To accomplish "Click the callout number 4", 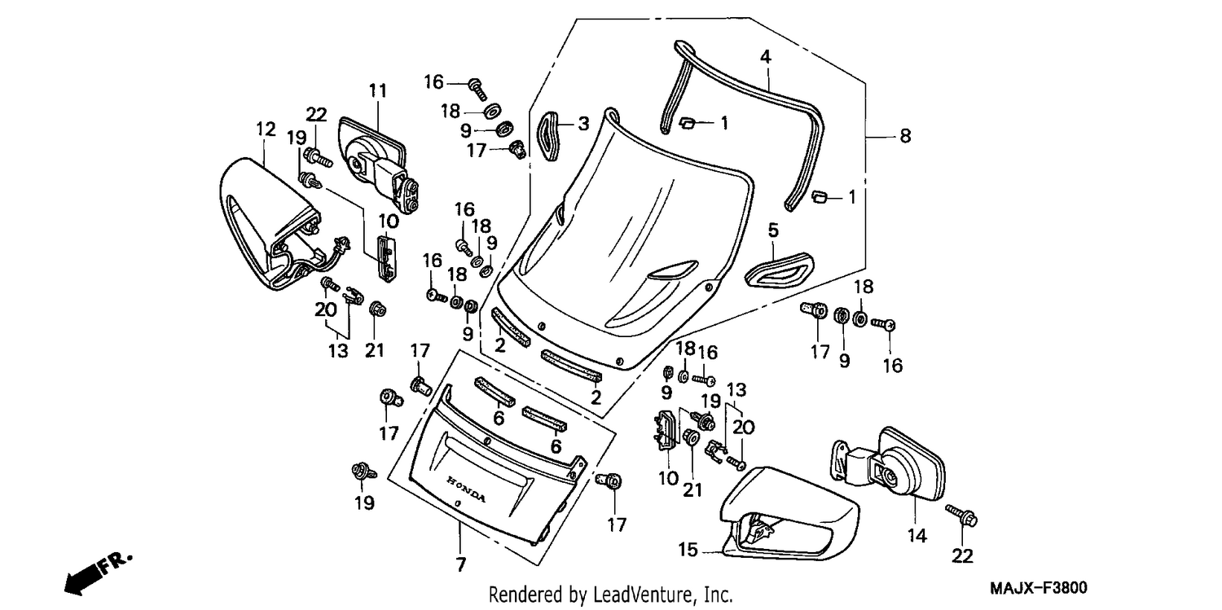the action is (x=766, y=57).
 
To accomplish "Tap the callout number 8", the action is (x=905, y=136).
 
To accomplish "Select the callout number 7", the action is (x=460, y=564).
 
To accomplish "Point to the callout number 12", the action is (x=266, y=129).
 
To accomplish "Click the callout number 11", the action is (x=377, y=90).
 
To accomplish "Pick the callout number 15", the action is (x=688, y=550).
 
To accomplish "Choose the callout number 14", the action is (x=917, y=536).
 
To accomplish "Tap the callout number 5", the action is (x=773, y=230).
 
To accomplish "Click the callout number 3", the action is (x=584, y=124).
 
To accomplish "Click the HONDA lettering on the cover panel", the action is (x=467, y=489).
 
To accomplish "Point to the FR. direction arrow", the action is (x=97, y=574).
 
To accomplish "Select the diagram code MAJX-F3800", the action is (x=1039, y=588).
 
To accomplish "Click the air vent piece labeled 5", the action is (x=780, y=270).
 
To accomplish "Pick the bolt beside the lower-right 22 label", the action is (x=961, y=516).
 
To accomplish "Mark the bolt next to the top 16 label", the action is (x=477, y=90).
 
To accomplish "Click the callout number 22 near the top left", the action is (x=316, y=115).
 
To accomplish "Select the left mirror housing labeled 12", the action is (x=270, y=223).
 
